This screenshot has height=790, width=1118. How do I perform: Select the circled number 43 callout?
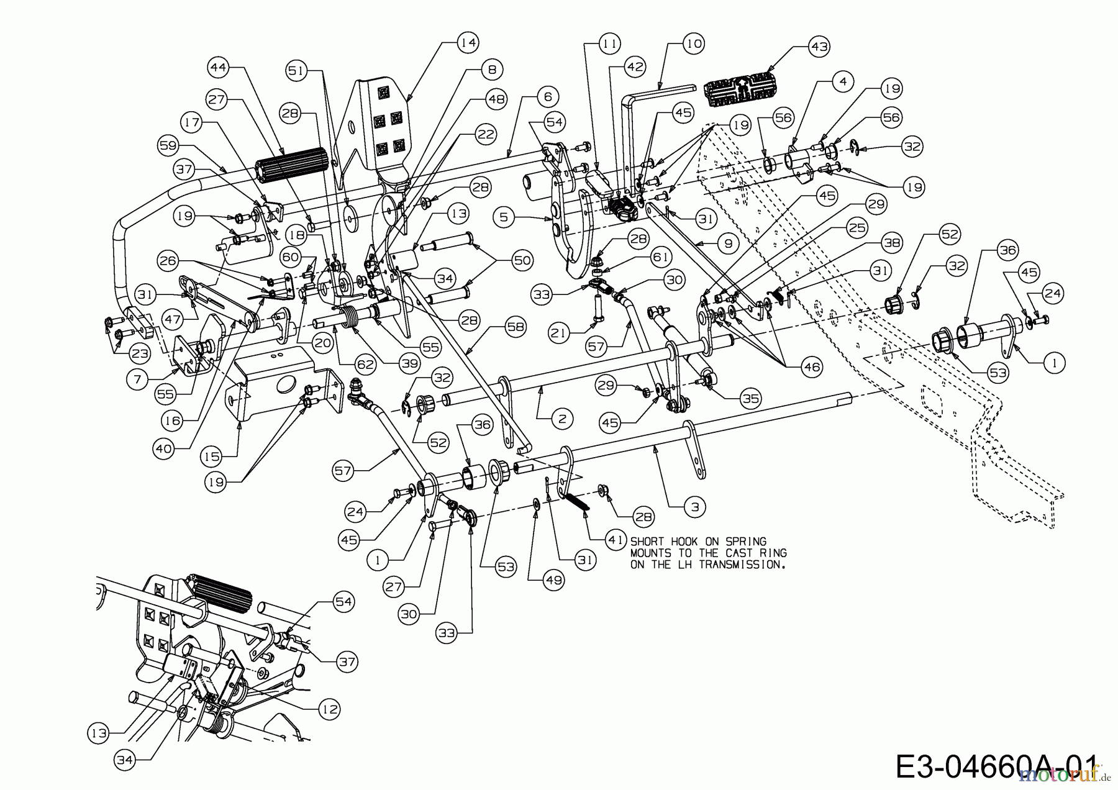pyautogui.click(x=819, y=46)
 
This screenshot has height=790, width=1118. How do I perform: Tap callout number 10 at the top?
pyautogui.click(x=694, y=43)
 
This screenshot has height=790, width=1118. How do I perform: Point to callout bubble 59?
pyautogui.click(x=169, y=146)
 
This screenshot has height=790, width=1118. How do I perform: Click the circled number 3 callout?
pyautogui.click(x=694, y=507)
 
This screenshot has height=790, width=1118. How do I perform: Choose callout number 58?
pyautogui.click(x=515, y=327)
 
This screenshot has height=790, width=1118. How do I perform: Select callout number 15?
pyautogui.click(x=211, y=456)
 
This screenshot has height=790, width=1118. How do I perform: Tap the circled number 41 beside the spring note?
pyautogui.click(x=614, y=540)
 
